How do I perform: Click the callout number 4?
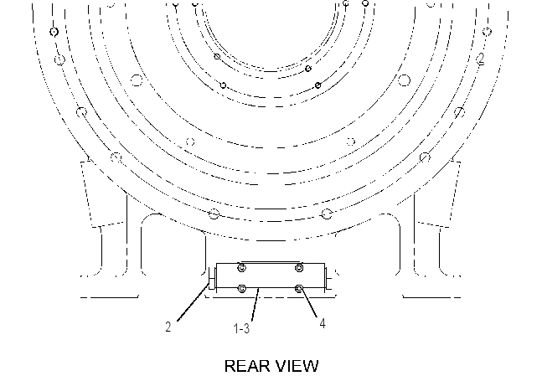323,323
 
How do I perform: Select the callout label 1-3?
241,328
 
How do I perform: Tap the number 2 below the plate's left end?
168,327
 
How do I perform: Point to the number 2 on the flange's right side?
481,58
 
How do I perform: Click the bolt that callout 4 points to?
299,288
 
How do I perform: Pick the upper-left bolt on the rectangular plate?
242,267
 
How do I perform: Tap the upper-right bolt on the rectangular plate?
299,267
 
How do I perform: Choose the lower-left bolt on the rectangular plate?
242,288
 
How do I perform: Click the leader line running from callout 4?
308,303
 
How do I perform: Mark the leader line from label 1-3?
256,304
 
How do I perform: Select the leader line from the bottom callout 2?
193,302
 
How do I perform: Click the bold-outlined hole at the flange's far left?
54,32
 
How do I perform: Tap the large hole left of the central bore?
137,80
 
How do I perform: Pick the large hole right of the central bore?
404,80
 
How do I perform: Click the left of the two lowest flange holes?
214,214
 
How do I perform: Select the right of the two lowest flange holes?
327,214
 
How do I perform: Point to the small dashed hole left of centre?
190,142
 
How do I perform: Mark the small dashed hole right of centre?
351,142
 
